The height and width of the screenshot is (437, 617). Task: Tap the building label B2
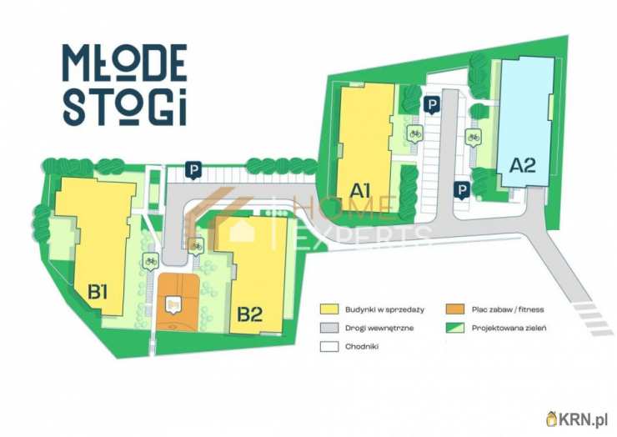(249, 314)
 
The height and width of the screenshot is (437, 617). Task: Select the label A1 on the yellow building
(360, 189)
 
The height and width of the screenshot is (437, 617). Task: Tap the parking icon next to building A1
(432, 106)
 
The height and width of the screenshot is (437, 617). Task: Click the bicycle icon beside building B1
(151, 261)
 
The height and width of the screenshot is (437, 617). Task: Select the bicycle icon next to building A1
(414, 133)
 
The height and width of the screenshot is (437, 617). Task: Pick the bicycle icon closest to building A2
(474, 138)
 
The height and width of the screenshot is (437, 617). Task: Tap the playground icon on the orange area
(173, 306)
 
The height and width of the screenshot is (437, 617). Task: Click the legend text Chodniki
(361, 346)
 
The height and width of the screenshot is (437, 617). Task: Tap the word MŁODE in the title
(124, 62)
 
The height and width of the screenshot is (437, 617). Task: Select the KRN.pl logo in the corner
(577, 418)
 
